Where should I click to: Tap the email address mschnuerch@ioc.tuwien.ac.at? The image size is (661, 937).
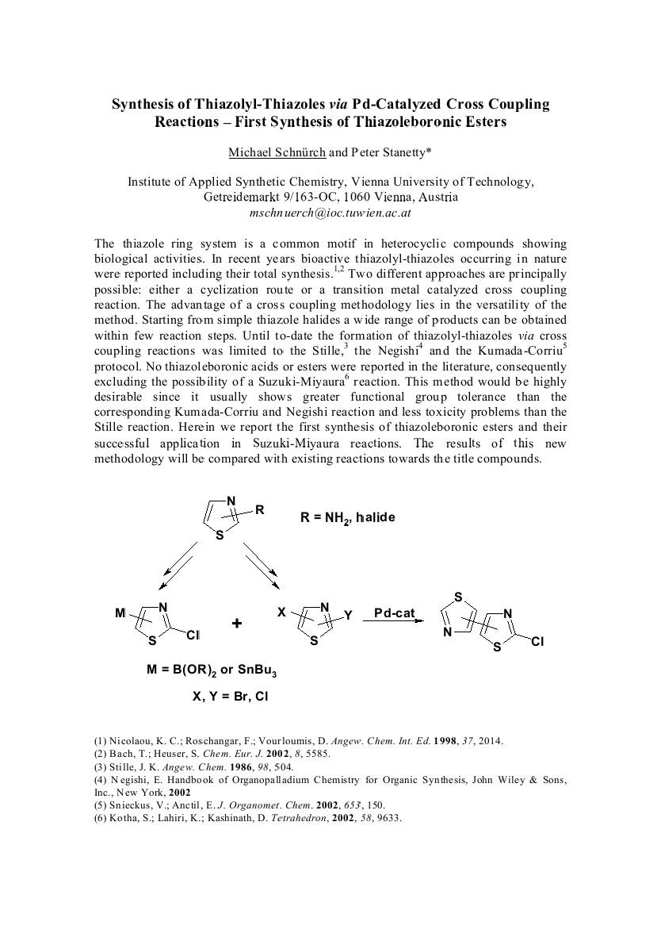point(330,213)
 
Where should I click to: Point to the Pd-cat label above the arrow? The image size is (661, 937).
point(395,613)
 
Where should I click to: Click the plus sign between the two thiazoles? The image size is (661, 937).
point(237,624)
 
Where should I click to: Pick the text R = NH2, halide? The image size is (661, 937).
point(347,517)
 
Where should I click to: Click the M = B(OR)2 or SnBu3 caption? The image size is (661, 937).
point(212,670)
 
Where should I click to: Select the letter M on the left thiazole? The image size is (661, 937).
point(120,613)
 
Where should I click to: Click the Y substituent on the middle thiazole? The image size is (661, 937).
point(347,614)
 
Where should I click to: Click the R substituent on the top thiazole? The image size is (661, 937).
point(259,510)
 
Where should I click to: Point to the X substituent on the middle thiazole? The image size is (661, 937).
point(281,613)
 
